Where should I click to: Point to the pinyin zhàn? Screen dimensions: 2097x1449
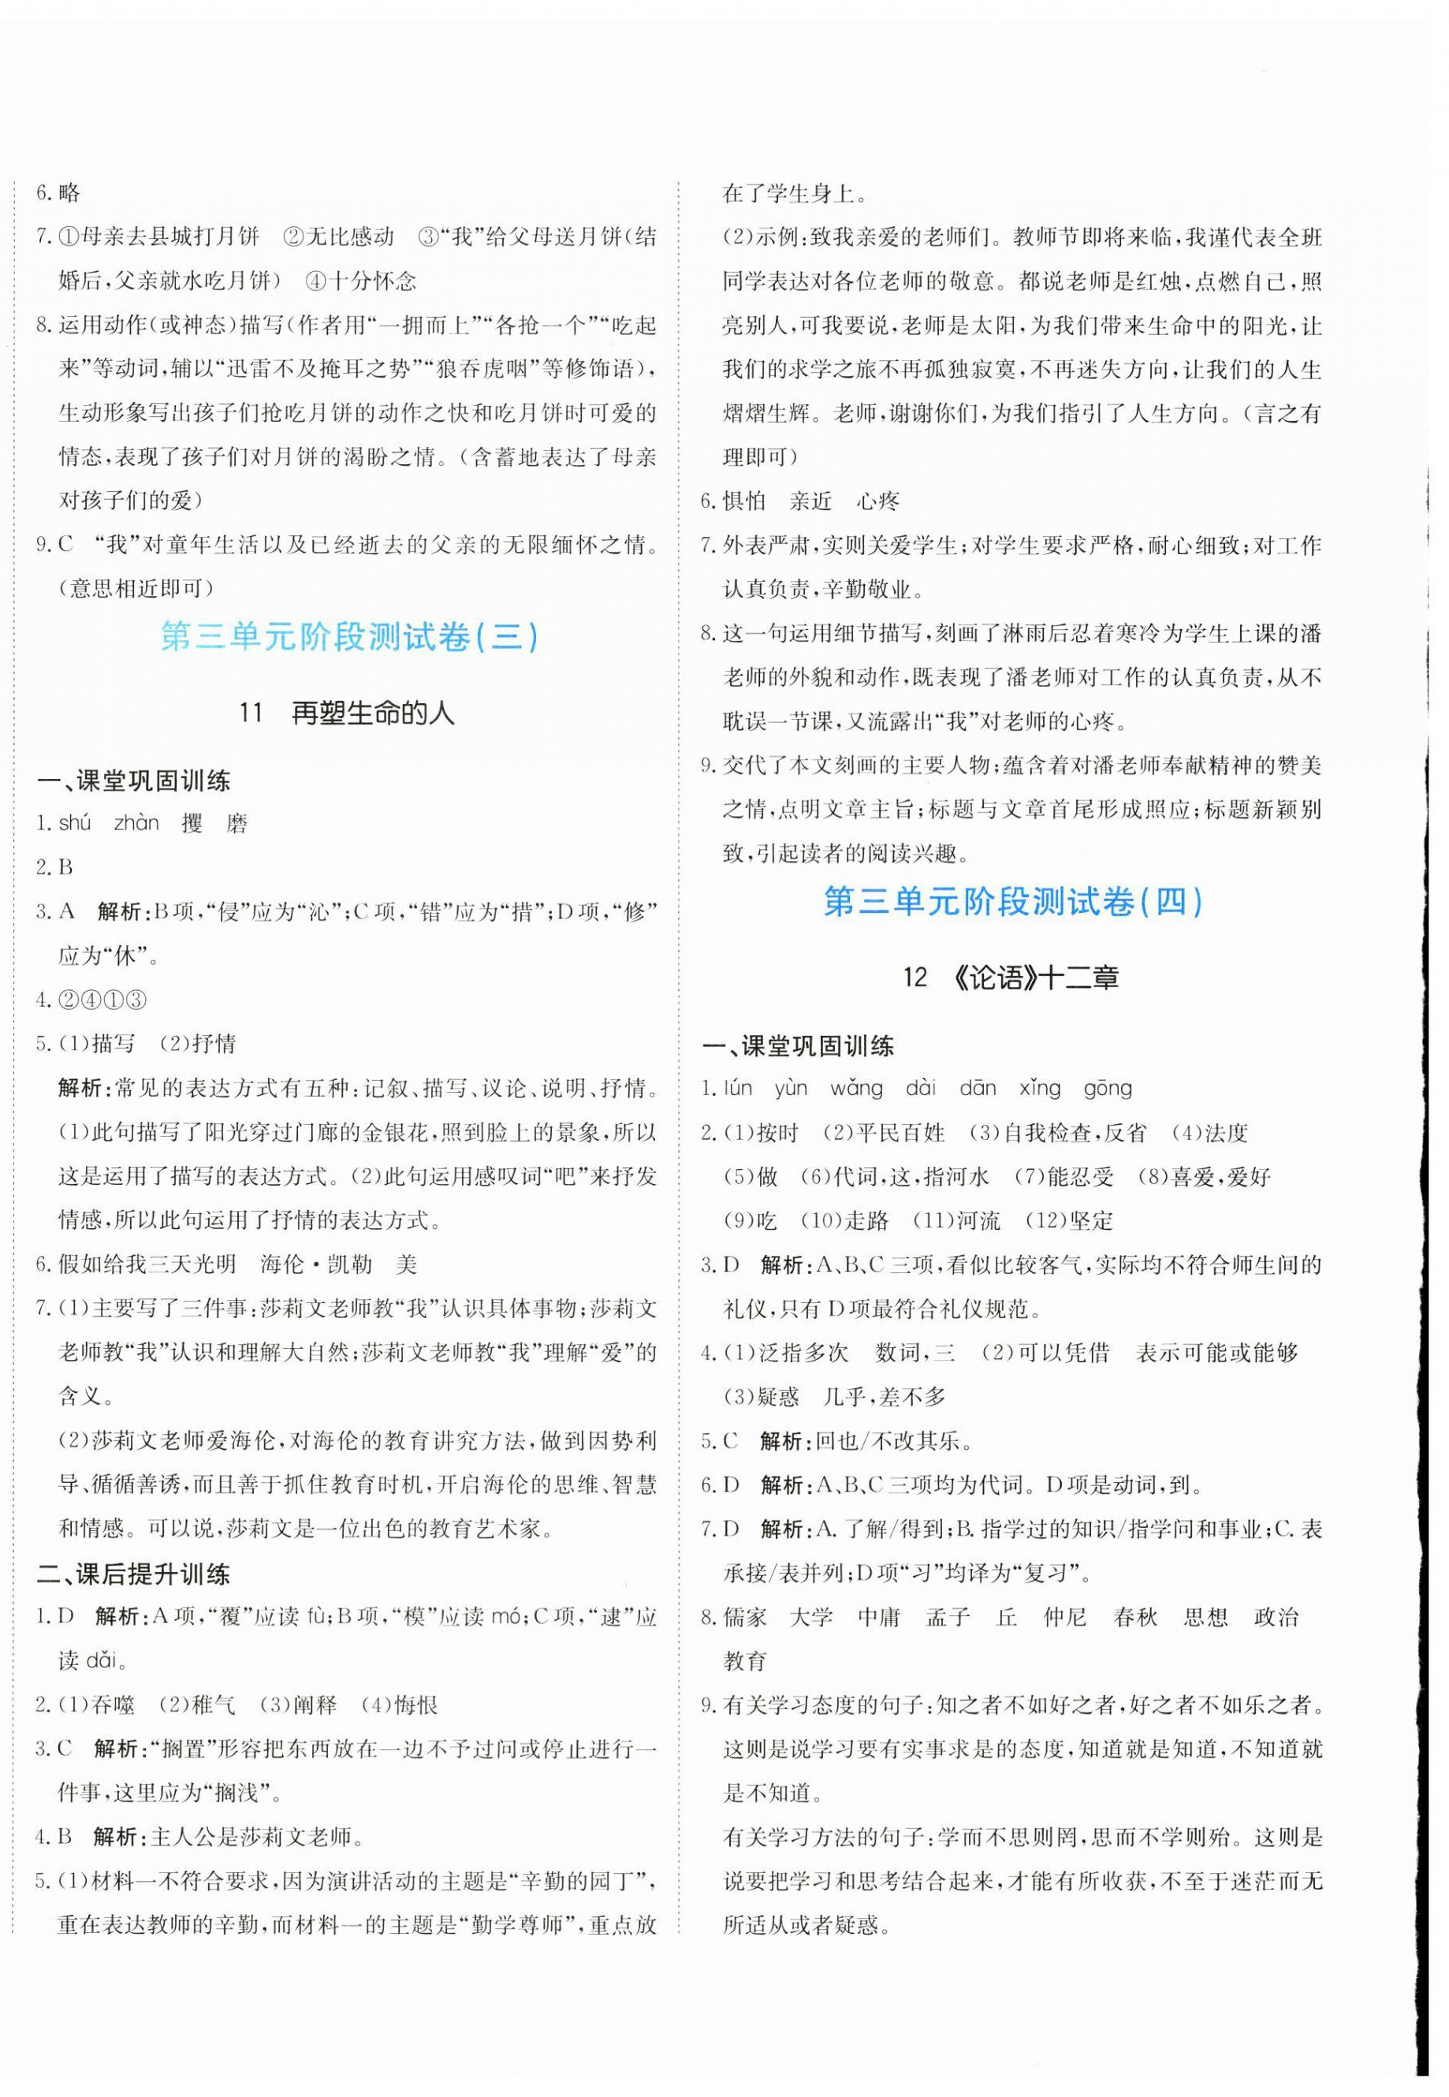click(x=136, y=823)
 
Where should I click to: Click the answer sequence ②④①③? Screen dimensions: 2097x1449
click(x=102, y=1000)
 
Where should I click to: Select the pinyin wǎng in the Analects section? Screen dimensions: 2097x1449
click(x=855, y=1088)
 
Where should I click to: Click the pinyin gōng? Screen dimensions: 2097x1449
click(x=1108, y=1088)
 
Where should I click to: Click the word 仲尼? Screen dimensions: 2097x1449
click(x=1065, y=1617)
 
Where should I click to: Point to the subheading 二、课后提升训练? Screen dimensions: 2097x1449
click(x=132, y=1574)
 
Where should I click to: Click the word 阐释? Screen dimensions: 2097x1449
click(x=314, y=1705)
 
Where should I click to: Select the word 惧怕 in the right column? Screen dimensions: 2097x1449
click(x=744, y=501)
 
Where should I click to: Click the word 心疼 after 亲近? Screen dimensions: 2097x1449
click(x=878, y=501)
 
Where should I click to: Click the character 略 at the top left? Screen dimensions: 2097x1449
click(x=69, y=192)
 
